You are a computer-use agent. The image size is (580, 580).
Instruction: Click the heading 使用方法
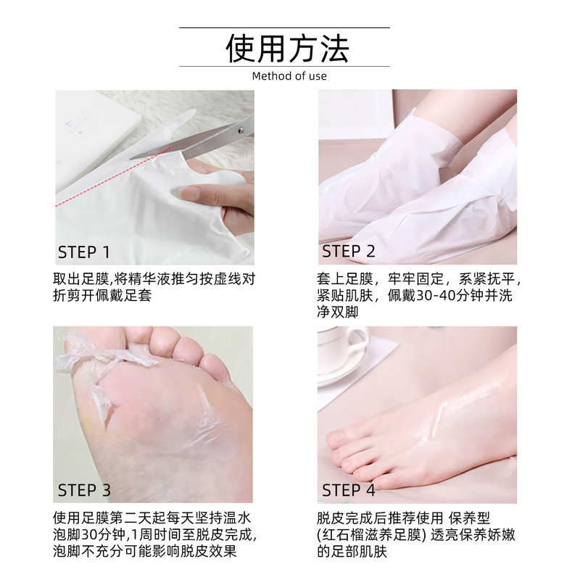(289, 49)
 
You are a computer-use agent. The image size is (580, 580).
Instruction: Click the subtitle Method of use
(289, 76)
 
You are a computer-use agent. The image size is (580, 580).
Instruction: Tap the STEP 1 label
(84, 252)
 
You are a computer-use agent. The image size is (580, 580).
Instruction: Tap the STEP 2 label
(349, 252)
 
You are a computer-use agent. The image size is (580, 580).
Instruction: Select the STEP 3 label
(84, 490)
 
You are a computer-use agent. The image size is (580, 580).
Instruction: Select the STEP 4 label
(349, 490)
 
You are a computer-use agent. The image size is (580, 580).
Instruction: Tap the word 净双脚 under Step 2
(338, 313)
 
